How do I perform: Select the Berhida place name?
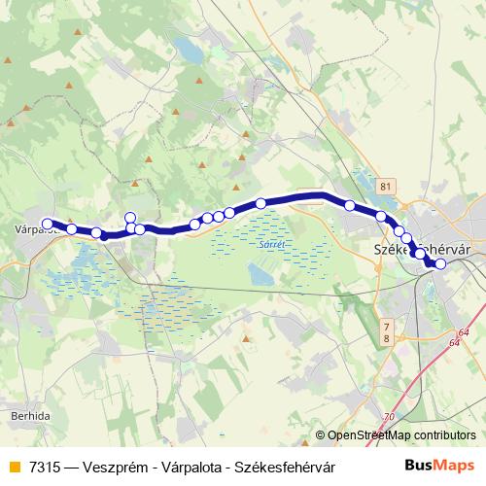pos(32,414)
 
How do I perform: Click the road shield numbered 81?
pos(388,185)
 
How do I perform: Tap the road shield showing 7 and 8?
pos(386,330)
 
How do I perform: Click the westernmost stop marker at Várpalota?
pos(47,225)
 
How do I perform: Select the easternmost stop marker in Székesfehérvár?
pos(440,263)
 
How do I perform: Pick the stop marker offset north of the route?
pos(130,217)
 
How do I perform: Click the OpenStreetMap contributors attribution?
pos(401,435)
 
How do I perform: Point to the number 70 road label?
pos(390,417)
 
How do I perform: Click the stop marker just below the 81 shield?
pos(381,216)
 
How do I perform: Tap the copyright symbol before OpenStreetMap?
pos(321,435)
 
